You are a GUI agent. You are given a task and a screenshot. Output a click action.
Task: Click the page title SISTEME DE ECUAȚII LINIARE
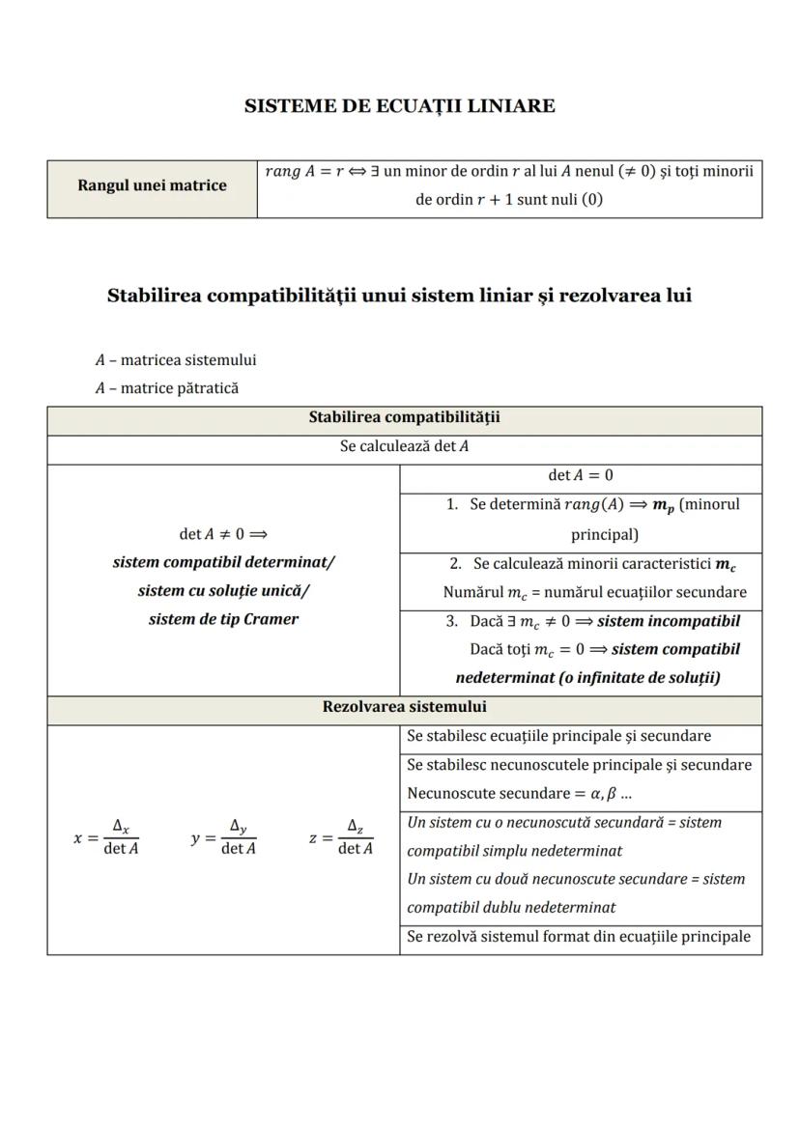coord(400,106)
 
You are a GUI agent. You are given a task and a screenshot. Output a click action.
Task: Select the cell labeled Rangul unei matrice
coord(152,185)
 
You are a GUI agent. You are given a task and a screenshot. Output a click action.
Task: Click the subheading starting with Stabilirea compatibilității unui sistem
coord(399,296)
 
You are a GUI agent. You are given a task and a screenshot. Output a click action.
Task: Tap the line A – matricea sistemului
coord(176,360)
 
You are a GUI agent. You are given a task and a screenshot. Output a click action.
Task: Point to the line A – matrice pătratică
coord(166,388)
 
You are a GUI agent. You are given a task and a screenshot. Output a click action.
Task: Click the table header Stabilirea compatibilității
coord(404,418)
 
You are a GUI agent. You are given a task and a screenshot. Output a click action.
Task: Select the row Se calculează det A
coord(404,447)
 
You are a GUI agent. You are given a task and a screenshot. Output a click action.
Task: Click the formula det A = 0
coord(580,475)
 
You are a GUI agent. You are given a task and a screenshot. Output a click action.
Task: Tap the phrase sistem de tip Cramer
coord(223,619)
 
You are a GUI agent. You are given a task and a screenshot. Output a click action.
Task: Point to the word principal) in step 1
coord(604,534)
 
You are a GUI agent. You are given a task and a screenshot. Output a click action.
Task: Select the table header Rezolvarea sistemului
coord(404,707)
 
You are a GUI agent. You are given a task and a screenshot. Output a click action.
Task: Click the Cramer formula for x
coord(107,837)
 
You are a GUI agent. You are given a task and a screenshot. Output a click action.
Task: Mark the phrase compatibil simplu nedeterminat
coord(514,851)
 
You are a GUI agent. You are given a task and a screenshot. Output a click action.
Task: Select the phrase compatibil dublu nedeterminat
coord(511,908)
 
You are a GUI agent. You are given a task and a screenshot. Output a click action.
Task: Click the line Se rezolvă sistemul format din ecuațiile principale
coord(579,937)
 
